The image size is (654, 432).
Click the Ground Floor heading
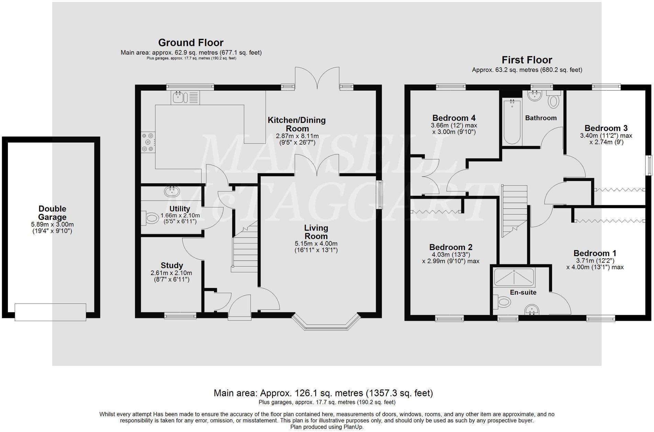point(191,43)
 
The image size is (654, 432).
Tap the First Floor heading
point(527,60)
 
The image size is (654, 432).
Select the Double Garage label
point(52,213)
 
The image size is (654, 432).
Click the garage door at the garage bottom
point(50,312)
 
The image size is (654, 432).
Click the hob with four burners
point(148,142)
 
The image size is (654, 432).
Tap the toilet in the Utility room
point(150,217)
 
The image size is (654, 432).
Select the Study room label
point(172,265)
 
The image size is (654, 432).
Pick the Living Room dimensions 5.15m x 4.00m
point(316,244)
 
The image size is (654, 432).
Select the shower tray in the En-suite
point(514,277)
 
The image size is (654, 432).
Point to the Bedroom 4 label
point(454,118)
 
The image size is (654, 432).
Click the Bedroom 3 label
point(606,128)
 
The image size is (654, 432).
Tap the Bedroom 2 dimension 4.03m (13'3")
point(451,254)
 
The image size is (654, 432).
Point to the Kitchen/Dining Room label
point(297,124)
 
